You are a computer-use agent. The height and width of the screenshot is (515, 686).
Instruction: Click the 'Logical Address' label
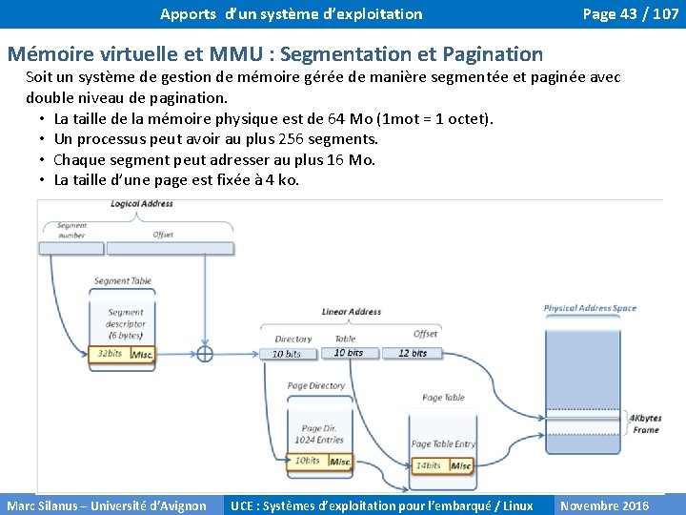[x=142, y=203]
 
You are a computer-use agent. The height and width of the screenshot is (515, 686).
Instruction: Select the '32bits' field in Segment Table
[x=110, y=354]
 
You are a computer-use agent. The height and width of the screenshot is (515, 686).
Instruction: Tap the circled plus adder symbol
[x=204, y=354]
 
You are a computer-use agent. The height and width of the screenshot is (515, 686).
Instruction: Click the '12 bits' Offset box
[x=413, y=353]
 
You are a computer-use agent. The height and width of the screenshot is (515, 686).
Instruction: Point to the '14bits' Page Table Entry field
[x=428, y=465]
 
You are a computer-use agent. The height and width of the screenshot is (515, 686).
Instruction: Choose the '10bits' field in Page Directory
[x=307, y=461]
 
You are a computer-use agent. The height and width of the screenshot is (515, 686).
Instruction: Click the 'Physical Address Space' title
[x=590, y=308]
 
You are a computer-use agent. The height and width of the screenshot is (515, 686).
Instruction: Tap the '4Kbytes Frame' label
[x=646, y=423]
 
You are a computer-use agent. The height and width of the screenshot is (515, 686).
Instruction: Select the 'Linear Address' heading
[x=352, y=312]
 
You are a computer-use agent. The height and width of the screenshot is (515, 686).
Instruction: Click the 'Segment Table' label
[x=123, y=281]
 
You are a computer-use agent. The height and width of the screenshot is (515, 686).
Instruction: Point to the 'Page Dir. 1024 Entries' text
[x=320, y=434]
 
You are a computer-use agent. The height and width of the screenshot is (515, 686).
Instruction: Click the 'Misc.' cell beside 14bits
[x=461, y=465]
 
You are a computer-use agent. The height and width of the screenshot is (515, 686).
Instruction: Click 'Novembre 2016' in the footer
[x=604, y=505]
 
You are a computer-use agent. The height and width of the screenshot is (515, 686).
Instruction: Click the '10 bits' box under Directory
[x=287, y=354]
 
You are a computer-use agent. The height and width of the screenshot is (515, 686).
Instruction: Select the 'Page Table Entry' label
[x=443, y=444]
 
